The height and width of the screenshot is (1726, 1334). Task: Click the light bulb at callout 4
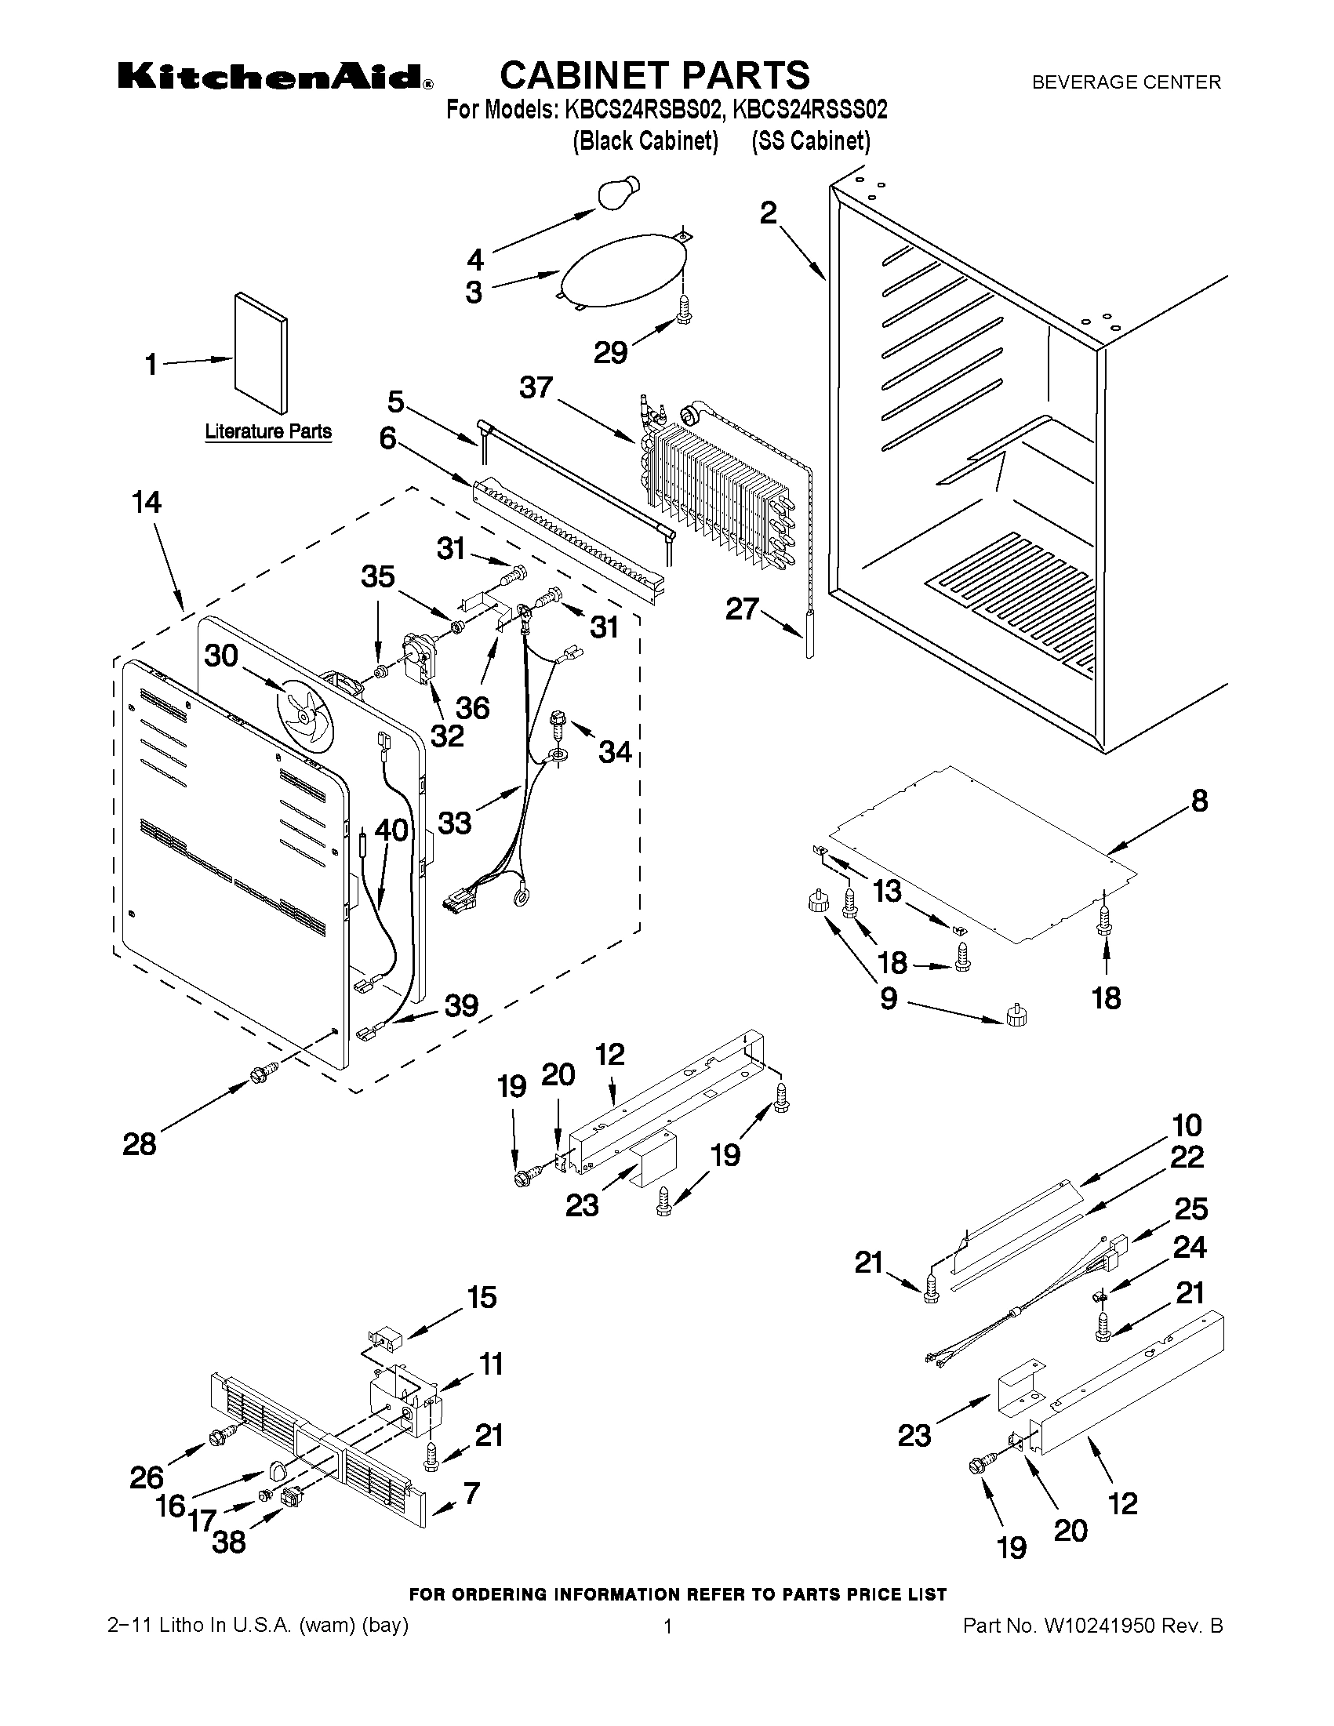pyautogui.click(x=620, y=194)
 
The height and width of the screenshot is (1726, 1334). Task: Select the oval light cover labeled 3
pyautogui.click(x=620, y=269)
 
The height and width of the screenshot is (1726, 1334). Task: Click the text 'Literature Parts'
pyautogui.click(x=268, y=432)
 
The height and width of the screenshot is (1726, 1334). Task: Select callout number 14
pyautogui.click(x=147, y=503)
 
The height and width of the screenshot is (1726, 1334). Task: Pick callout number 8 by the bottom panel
pyautogui.click(x=1199, y=801)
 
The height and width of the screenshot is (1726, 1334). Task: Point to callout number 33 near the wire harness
pyautogui.click(x=454, y=823)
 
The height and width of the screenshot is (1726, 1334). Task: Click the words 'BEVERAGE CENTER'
pyautogui.click(x=1126, y=82)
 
